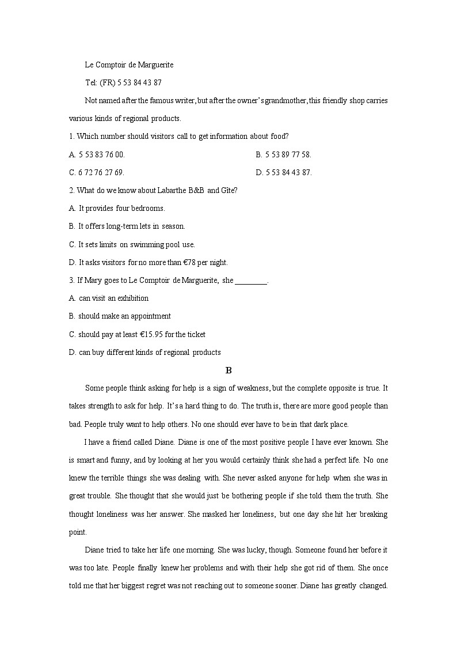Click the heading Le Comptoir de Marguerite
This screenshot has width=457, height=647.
[129, 65]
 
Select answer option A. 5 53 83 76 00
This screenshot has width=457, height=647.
[97, 154]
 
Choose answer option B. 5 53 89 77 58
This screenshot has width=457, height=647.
[283, 154]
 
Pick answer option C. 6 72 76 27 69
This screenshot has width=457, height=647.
[97, 172]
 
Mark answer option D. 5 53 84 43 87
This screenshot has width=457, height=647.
[284, 172]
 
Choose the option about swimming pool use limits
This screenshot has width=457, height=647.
[132, 244]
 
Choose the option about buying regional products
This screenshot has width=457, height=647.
[144, 352]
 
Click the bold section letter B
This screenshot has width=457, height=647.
[228, 370]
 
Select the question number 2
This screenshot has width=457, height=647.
[71, 190]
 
